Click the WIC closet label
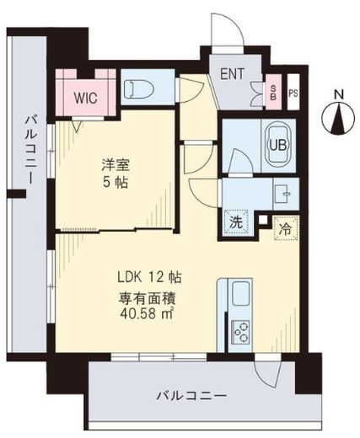click(85, 98)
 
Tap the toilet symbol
click(139, 89)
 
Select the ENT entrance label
click(232, 74)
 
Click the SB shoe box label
click(273, 93)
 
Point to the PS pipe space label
click(293, 93)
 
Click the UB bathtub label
click(278, 145)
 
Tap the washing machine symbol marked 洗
click(236, 222)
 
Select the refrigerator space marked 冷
click(286, 228)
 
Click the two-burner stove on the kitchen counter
click(240, 331)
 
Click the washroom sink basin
click(282, 194)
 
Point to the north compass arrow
click(338, 118)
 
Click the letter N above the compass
click(339, 95)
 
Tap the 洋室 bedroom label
click(116, 165)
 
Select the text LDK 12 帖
click(149, 277)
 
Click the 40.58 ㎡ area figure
click(147, 313)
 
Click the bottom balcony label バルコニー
click(191, 397)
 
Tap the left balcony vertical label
click(30, 151)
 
